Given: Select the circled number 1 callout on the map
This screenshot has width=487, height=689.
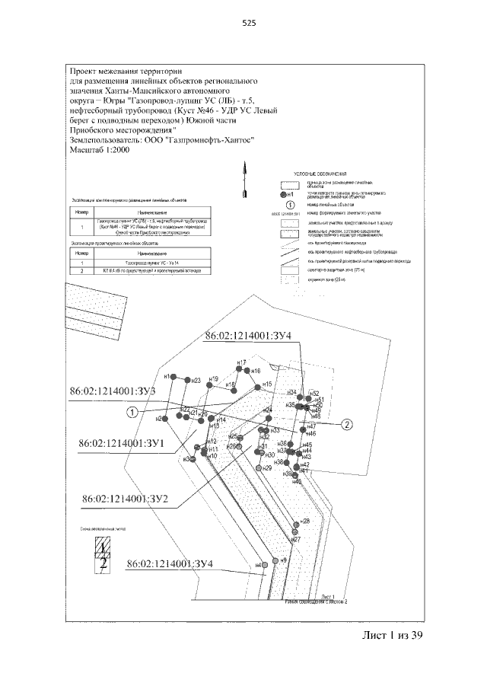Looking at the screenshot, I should [132, 412].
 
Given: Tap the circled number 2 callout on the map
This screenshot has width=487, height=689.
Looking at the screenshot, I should [347, 424].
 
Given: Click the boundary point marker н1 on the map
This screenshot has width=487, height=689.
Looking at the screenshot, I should [174, 378].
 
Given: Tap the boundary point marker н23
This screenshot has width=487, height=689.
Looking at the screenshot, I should [187, 380].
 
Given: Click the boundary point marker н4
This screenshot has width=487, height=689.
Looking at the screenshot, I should [264, 565].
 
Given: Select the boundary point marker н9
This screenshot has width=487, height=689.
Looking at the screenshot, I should [276, 561].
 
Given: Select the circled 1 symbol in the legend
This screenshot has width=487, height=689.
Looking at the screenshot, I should [289, 204].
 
